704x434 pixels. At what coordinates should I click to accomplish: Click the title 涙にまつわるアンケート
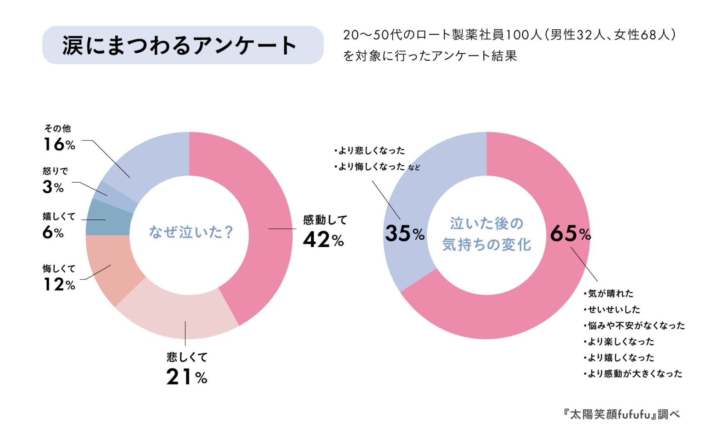180,45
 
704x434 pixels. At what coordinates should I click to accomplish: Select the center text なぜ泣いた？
191,232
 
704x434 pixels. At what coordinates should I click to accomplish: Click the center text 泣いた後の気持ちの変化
487,234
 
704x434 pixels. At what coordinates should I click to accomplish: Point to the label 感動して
325,220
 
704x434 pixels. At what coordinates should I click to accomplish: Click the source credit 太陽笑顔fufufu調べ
621,414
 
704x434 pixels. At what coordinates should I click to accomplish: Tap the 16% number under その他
59,145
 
